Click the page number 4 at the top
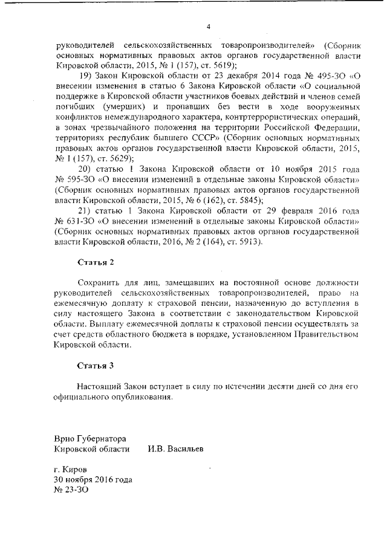(208, 26)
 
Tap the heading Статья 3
(96, 366)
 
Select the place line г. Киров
(70, 470)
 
